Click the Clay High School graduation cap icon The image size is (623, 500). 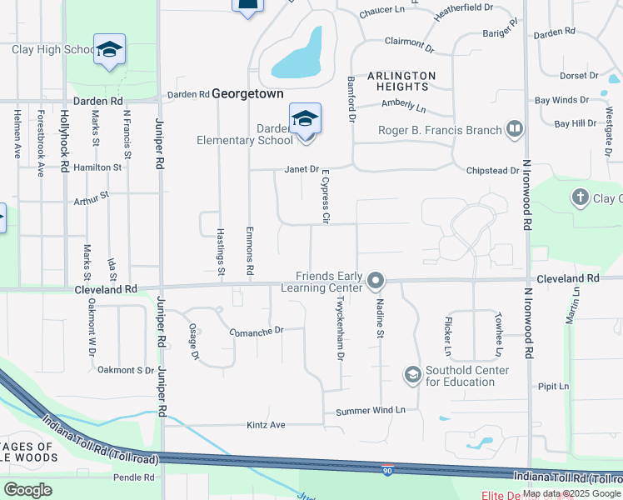tap(108, 48)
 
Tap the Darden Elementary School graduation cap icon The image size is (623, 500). tap(305, 117)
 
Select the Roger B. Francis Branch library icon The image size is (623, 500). tap(514, 129)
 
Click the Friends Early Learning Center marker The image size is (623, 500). tap(375, 279)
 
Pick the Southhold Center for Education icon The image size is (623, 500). tap(412, 375)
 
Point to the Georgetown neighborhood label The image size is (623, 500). tap(247, 94)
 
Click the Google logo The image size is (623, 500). tap(28, 489)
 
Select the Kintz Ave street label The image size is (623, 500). tap(266, 425)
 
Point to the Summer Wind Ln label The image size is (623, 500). tap(370, 411)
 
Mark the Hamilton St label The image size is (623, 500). tap(97, 167)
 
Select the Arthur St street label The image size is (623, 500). tap(91, 198)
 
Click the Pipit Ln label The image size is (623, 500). tap(553, 387)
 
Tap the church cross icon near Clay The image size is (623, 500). tap(581, 197)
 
